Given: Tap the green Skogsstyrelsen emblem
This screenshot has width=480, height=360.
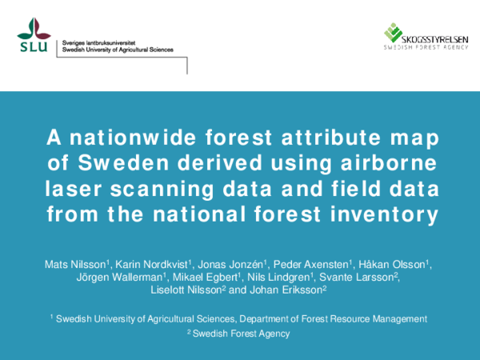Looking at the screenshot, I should [393, 33].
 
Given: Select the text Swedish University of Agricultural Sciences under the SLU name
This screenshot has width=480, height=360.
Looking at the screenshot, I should [117, 50].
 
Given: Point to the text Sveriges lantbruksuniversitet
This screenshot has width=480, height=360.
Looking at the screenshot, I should [98, 41].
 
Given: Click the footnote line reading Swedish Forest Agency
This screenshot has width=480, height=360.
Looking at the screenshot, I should [242, 334].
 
